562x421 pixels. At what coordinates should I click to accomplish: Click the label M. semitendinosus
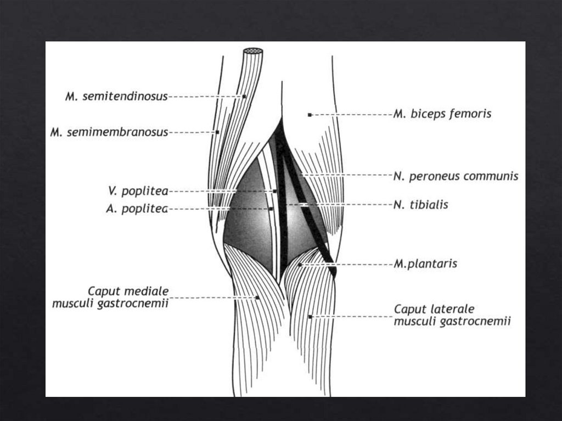[116, 97]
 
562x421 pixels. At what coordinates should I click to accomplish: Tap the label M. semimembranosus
[109, 132]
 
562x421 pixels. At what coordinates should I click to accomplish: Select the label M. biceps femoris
[442, 115]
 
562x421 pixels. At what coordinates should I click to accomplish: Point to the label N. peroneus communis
[456, 176]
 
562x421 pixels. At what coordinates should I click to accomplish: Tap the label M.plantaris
[425, 264]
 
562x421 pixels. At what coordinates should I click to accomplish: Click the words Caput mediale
[128, 290]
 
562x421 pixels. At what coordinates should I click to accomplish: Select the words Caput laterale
[434, 309]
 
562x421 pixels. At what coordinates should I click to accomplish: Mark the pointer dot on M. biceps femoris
[310, 115]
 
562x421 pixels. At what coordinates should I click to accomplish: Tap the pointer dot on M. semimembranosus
[217, 132]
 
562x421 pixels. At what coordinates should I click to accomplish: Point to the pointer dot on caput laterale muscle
[310, 317]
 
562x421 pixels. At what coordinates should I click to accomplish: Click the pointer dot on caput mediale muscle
[257, 297]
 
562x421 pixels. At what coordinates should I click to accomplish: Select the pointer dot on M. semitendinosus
[244, 97]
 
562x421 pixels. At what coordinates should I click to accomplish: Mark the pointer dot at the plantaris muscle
[300, 265]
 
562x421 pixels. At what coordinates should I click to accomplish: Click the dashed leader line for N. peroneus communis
[351, 176]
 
